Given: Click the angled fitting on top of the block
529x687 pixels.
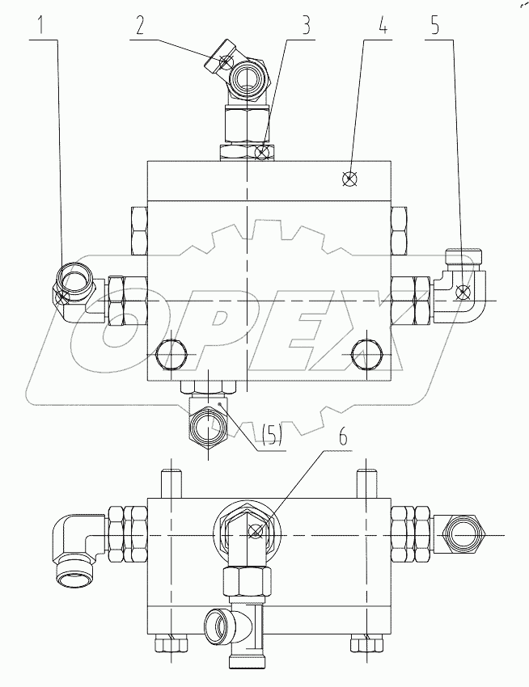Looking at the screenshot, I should coord(243,81).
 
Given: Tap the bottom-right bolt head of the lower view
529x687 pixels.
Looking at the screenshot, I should coord(363,644).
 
